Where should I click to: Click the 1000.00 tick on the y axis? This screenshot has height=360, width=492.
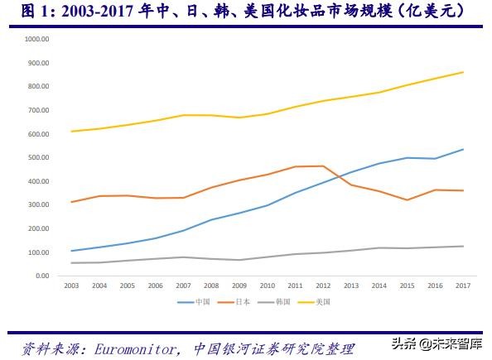tap(37, 39)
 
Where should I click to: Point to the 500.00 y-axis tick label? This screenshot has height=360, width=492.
tap(39, 157)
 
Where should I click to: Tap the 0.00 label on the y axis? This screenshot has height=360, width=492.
tap(42, 276)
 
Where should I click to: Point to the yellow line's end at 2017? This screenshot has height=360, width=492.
tap(463, 72)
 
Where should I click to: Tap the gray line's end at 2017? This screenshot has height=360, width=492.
tap(463, 246)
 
